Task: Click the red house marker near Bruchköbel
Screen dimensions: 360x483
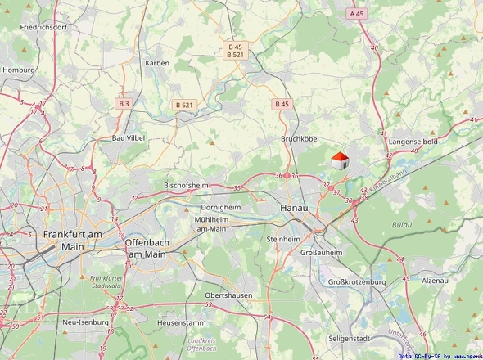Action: pos(339,160)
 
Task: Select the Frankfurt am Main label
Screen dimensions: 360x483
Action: pos(73,240)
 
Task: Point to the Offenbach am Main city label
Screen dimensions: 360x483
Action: pos(147,249)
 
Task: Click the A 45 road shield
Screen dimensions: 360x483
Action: pos(356,14)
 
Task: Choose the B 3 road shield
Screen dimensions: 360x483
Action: pos(124,104)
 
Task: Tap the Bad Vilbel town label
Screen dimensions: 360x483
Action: pos(129,138)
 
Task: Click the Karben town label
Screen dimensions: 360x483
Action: pos(156,63)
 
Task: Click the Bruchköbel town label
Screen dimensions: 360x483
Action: pos(299,138)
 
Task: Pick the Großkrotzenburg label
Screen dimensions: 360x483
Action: pos(357,282)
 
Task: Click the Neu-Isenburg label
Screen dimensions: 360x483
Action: pos(85,322)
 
